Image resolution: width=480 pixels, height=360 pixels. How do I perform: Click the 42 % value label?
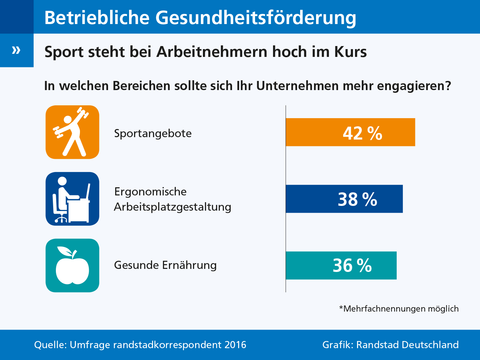click(x=362, y=133)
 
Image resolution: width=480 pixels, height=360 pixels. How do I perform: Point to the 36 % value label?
click(x=352, y=266)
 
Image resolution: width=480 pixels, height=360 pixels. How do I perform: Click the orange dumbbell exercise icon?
click(x=72, y=132)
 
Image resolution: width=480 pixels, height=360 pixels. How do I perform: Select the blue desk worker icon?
click(x=72, y=199)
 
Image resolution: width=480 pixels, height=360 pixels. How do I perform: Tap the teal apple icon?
click(x=72, y=266)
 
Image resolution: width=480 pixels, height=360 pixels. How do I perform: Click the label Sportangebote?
click(x=153, y=133)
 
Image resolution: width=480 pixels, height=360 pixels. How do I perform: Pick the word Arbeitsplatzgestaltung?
click(x=172, y=207)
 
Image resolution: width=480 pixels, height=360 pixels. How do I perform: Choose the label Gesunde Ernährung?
click(x=165, y=265)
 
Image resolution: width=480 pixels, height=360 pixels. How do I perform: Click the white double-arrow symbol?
click(x=16, y=50)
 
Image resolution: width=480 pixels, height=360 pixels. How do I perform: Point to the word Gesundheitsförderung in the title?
click(x=256, y=18)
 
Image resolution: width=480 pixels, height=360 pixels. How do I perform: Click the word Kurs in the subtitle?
click(x=351, y=52)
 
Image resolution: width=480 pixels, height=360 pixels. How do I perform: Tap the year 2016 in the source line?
click(x=235, y=345)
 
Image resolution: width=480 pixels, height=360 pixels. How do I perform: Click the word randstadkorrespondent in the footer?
click(x=167, y=345)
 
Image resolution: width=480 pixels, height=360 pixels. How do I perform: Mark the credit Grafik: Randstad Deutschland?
click(x=390, y=345)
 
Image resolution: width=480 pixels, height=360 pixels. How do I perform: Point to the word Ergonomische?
click(x=150, y=192)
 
